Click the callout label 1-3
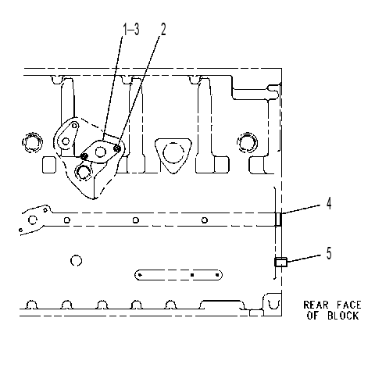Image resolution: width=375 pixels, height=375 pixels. pos(131,29)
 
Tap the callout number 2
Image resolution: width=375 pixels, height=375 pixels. pos(163,29)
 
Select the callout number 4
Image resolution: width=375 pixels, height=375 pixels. pos(329,203)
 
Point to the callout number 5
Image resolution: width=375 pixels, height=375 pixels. pos(329,253)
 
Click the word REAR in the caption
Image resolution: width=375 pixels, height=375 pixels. pos(316,305)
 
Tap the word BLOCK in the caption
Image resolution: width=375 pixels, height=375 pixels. pos(343,316)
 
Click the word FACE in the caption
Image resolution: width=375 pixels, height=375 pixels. pos(349,305)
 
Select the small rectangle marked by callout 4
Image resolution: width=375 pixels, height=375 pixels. pos(278,220)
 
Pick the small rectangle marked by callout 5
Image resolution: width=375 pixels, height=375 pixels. pos(280,262)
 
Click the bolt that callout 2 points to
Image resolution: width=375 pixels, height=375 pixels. pos(117,148)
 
